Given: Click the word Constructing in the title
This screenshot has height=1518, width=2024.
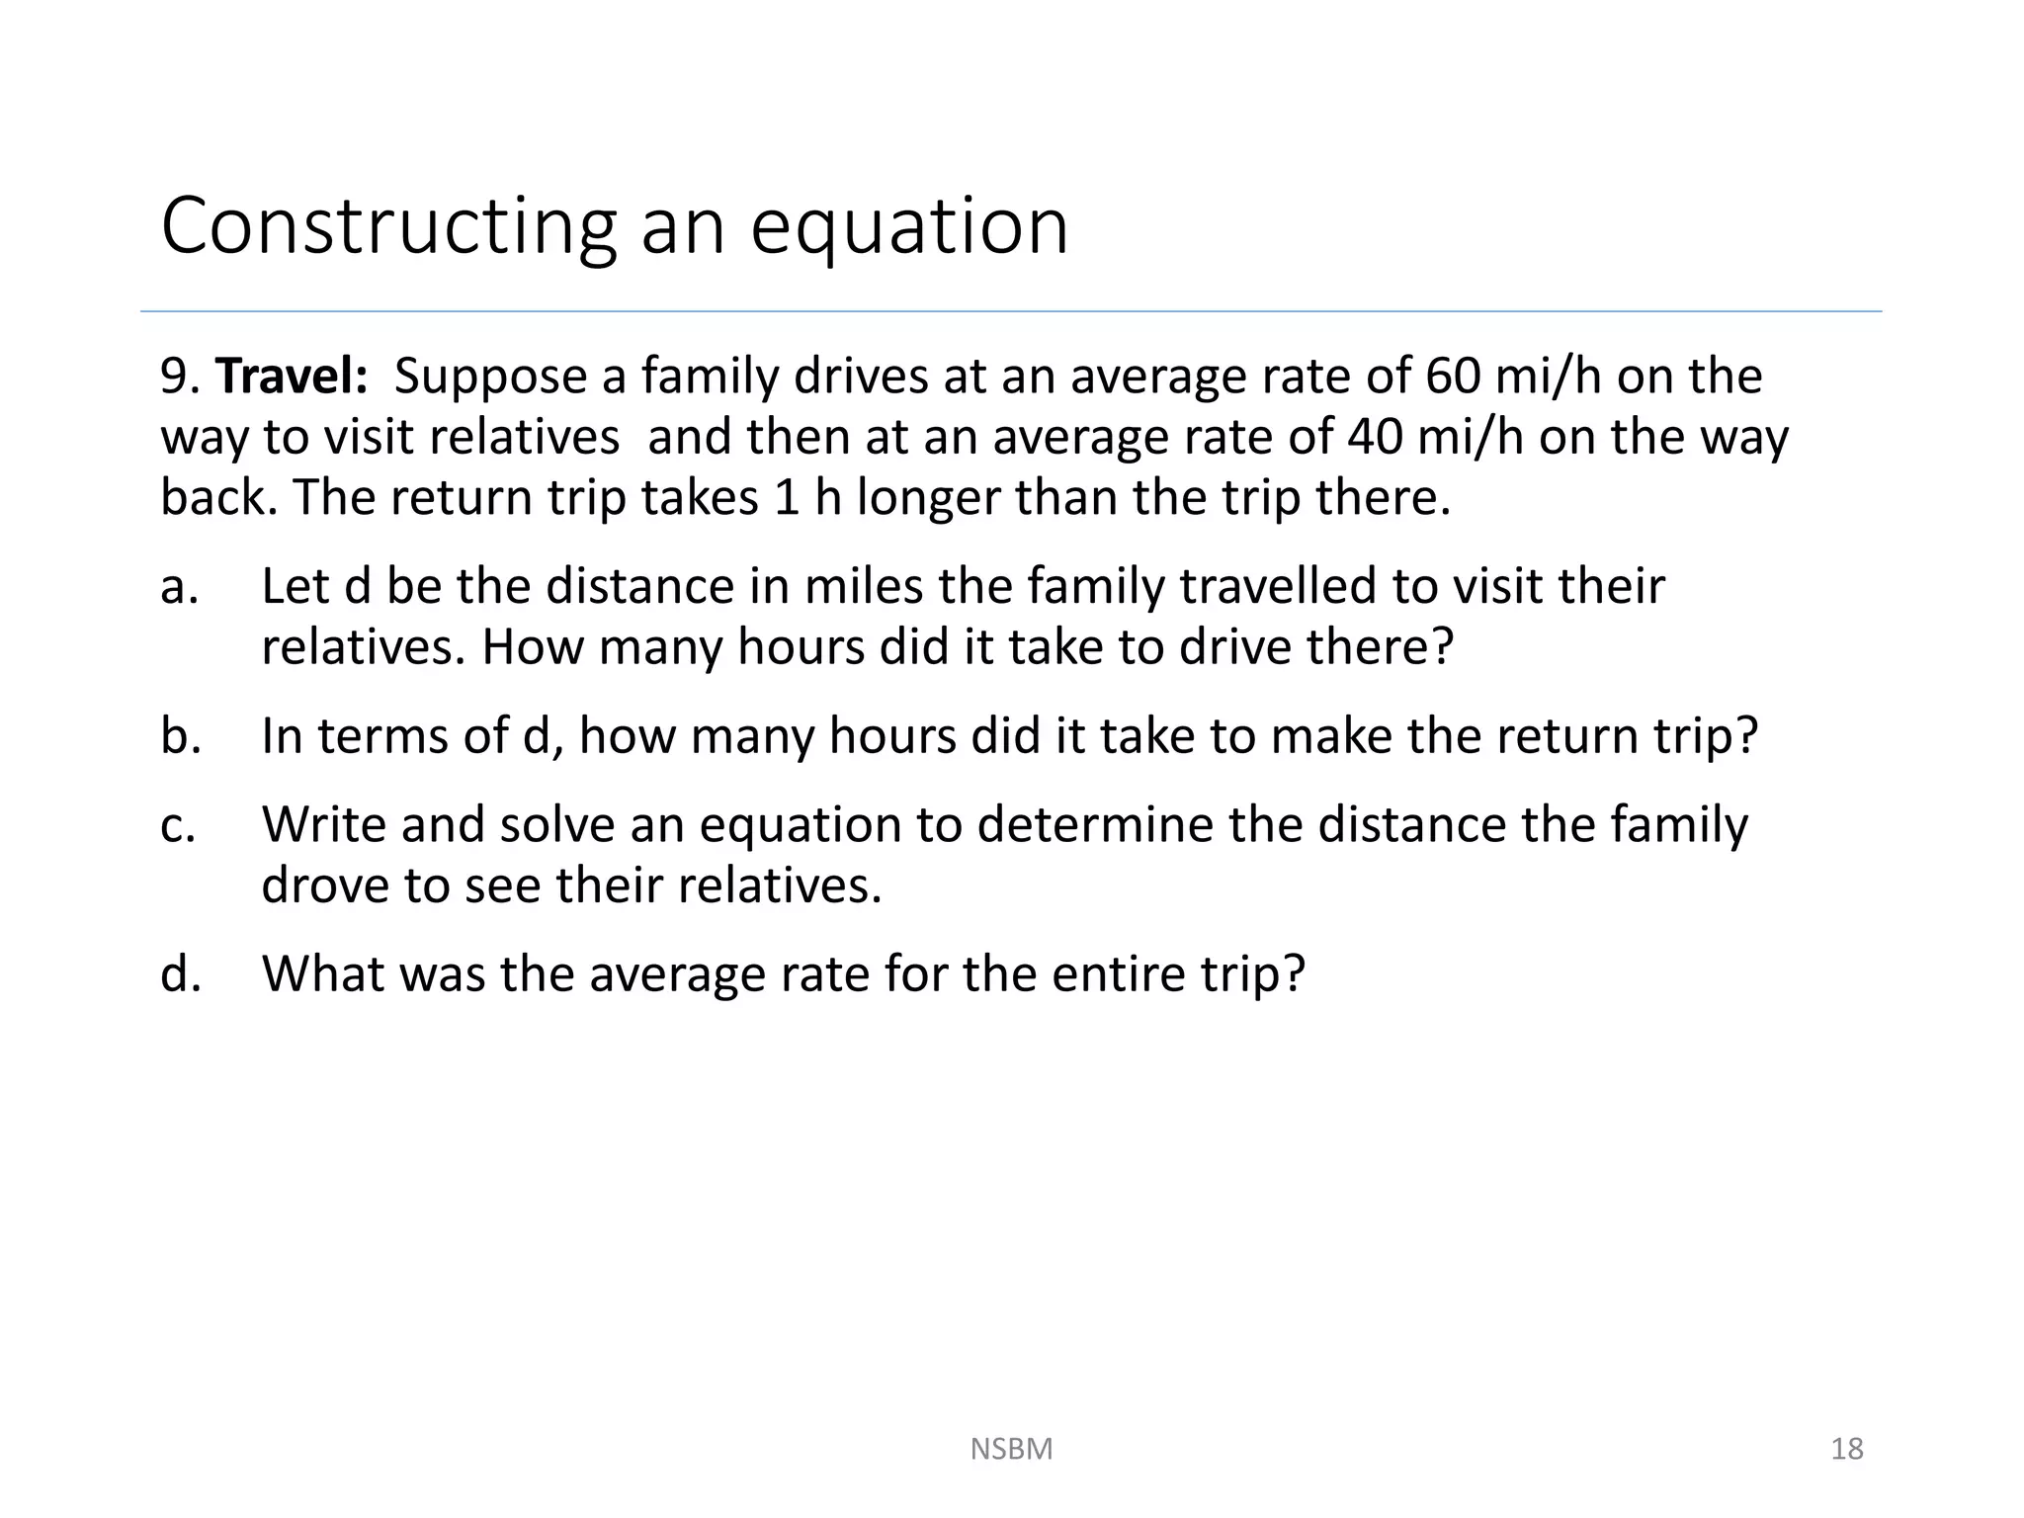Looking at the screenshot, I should coord(388,227).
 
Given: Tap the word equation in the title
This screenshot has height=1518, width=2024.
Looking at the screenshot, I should coord(909,227).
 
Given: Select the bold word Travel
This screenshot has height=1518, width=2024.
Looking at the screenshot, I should coord(292,377).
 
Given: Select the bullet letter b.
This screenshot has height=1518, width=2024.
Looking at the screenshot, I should coord(180,736).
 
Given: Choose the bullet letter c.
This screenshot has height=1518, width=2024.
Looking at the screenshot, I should coord(178,825).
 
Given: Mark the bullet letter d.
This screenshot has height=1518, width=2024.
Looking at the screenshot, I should coord(180,974).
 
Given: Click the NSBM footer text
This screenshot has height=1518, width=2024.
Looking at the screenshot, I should coord(1011,1449).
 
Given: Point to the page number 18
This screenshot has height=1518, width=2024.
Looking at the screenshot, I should coord(1846,1449).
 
